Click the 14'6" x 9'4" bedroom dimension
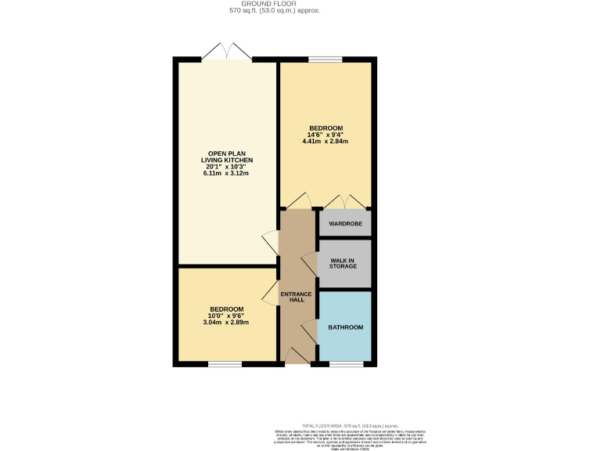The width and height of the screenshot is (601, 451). coord(326,135)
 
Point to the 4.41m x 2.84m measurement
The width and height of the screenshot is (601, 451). coord(326,142)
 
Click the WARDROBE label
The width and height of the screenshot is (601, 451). coord(344,223)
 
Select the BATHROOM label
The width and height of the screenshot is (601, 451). coord(344,327)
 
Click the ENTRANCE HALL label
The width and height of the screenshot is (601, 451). coord(297,297)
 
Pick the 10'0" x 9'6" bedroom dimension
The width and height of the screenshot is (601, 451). coord(225,316)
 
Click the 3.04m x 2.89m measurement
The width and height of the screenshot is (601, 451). coord(225,323)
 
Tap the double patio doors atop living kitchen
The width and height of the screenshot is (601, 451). coord(226,53)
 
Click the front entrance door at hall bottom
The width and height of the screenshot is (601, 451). coord(297,357)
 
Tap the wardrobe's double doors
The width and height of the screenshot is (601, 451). coord(344,201)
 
